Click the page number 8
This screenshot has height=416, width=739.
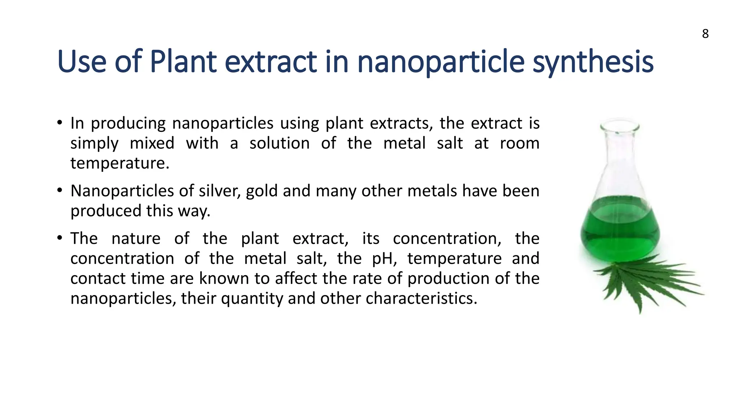pyautogui.click(x=705, y=34)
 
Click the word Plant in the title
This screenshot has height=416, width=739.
pyautogui.click(x=183, y=62)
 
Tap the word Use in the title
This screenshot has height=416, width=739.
pyautogui.click(x=82, y=62)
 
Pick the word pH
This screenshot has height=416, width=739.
pyautogui.click(x=384, y=259)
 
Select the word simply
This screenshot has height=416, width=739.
pyautogui.click(x=94, y=144)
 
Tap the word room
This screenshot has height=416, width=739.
pyautogui.click(x=519, y=143)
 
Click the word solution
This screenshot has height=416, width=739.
pyautogui.click(x=279, y=143)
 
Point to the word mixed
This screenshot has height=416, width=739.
pyautogui.click(x=152, y=143)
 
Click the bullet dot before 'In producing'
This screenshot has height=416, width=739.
pyautogui.click(x=60, y=122)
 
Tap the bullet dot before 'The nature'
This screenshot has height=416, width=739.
pyautogui.click(x=60, y=238)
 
